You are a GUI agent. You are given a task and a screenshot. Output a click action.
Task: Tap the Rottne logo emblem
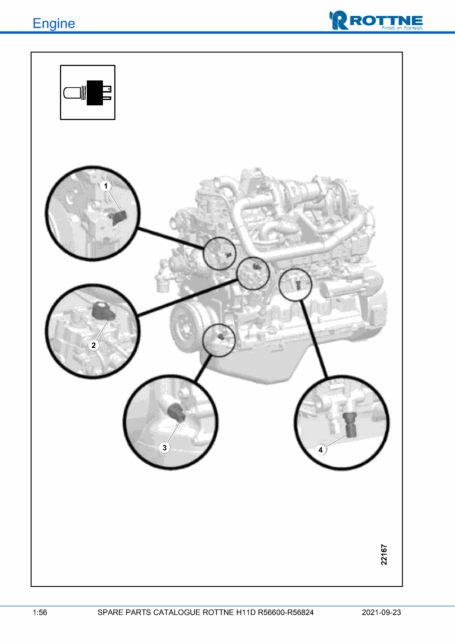coord(339,20)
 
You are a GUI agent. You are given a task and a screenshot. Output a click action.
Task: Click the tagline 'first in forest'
coord(402,28)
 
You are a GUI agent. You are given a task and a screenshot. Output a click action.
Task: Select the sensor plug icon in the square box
coord(88,93)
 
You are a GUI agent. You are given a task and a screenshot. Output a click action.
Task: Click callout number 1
coord(106,186)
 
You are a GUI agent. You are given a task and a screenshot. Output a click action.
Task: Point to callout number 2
coord(94,345)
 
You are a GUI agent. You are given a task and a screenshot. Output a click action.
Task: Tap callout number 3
coord(165,447)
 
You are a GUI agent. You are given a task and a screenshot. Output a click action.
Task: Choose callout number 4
coord(321,450)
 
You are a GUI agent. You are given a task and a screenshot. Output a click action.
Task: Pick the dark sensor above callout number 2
coord(103,311)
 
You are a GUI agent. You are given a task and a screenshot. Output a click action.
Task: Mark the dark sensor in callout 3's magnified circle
coord(176,412)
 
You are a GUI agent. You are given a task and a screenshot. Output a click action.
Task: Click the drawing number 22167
coord(384,554)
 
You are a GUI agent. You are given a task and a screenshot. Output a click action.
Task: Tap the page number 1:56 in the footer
coord(40,612)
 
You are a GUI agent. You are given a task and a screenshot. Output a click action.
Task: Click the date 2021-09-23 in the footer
coord(381,612)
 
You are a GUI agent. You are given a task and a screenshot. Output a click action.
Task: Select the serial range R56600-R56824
coord(286,612)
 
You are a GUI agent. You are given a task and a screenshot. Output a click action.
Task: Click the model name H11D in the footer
coord(246,612)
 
